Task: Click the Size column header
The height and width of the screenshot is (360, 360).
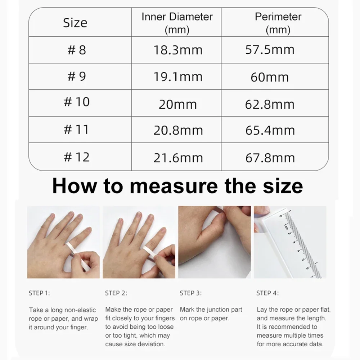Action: pyautogui.click(x=75, y=23)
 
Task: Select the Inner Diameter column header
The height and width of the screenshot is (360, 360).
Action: pyautogui.click(x=177, y=23)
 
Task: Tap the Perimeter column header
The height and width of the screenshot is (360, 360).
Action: pyautogui.click(x=278, y=23)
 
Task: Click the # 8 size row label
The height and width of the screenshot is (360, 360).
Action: pyautogui.click(x=76, y=50)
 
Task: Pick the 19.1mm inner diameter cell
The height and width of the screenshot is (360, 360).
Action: pyautogui.click(x=178, y=77)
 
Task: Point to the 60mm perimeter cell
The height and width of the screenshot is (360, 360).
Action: pyautogui.click(x=270, y=77)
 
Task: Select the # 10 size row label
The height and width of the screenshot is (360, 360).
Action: pyautogui.click(x=76, y=102)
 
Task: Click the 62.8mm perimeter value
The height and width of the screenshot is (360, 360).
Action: pyautogui.click(x=270, y=104)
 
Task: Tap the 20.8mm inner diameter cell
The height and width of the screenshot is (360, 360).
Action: pyautogui.click(x=178, y=130)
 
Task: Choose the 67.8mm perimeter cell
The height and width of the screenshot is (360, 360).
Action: pyautogui.click(x=270, y=157)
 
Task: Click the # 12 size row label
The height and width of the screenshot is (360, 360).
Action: pyautogui.click(x=76, y=157)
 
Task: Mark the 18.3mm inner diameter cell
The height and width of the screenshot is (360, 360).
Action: pyautogui.click(x=178, y=50)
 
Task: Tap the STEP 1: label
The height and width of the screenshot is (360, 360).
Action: pyautogui.click(x=39, y=293)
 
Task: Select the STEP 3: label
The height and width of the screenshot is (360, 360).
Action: pyautogui.click(x=190, y=293)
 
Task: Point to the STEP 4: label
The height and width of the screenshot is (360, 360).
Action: pyautogui.click(x=267, y=293)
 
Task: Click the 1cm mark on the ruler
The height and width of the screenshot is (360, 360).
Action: pyautogui.click(x=285, y=226)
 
